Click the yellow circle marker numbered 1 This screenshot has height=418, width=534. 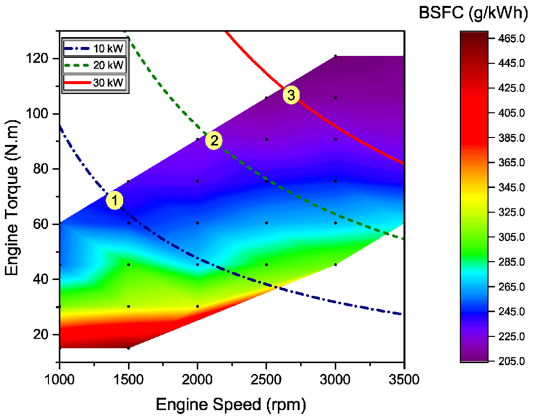(114, 201)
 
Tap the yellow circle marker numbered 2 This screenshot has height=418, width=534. (214, 140)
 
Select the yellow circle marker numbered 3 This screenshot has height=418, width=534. (291, 95)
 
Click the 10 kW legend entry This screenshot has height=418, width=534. (95, 49)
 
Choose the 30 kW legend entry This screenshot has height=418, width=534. (95, 82)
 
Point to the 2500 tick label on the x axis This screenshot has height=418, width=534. (266, 380)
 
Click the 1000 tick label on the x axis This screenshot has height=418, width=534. (59, 380)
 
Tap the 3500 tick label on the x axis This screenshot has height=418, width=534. (404, 380)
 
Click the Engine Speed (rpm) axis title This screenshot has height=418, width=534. (231, 405)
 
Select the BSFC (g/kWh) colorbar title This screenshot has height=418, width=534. (473, 13)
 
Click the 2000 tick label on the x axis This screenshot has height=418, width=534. (197, 380)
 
